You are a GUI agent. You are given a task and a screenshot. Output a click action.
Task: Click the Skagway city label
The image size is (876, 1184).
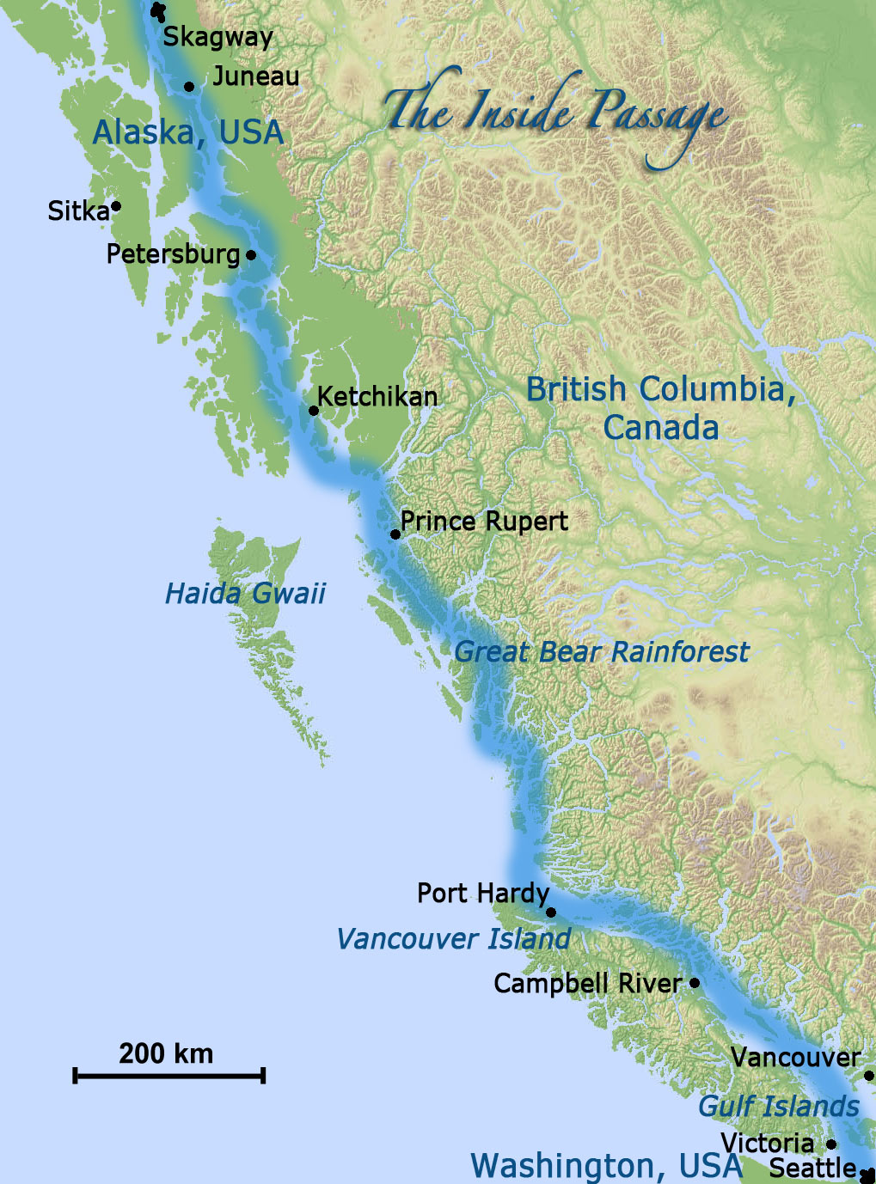click(217, 37)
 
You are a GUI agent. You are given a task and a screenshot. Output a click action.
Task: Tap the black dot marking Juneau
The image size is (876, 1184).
click(189, 87)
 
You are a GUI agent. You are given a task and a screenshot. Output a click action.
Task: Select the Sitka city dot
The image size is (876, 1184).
click(116, 206)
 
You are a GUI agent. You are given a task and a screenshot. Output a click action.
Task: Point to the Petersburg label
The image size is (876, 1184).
click(173, 254)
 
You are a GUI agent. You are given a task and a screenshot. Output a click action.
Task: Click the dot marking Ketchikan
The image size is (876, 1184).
click(314, 411)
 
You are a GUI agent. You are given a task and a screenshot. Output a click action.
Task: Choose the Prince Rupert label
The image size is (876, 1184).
click(484, 522)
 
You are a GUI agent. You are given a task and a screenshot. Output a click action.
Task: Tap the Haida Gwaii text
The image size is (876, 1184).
click(245, 593)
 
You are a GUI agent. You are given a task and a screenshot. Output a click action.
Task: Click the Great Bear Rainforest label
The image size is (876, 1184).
click(601, 651)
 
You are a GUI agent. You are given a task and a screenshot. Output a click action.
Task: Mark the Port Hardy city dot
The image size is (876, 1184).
click(551, 912)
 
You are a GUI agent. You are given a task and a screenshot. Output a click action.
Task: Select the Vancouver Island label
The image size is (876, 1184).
click(453, 938)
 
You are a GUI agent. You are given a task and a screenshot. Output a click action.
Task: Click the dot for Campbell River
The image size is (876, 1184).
click(695, 982)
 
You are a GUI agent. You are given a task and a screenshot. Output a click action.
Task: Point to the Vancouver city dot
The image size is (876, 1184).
click(869, 1075)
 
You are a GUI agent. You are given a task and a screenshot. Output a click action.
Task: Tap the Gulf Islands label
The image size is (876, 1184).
click(778, 1106)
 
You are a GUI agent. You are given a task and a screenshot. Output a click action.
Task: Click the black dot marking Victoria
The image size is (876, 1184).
click(831, 1144)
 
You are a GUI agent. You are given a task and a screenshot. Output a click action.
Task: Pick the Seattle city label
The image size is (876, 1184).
click(812, 1169)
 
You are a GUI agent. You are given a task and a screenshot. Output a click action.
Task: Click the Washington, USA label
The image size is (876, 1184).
click(606, 1166)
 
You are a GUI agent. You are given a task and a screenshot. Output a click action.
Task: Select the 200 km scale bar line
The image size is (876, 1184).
click(169, 1075)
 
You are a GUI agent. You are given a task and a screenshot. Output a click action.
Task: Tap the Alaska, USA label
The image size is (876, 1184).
click(187, 132)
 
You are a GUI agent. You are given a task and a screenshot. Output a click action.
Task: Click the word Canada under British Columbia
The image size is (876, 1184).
click(660, 427)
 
